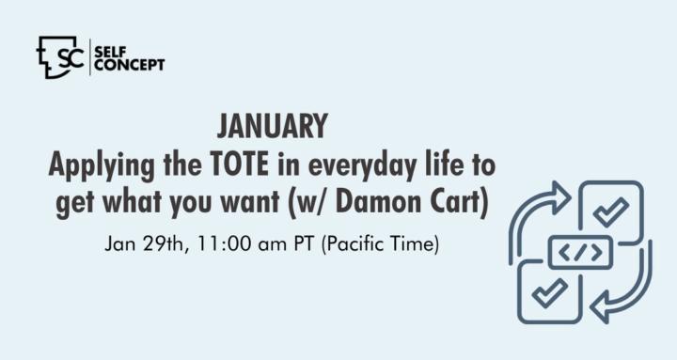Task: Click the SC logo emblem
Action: tap(60, 57)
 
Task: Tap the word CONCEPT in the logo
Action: tap(130, 65)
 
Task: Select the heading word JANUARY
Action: tap(273, 126)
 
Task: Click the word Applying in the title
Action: tap(101, 166)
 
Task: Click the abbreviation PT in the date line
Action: tap(305, 243)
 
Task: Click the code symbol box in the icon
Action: tap(580, 252)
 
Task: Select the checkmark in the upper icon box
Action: tap(611, 211)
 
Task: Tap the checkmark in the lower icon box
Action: tap(550, 292)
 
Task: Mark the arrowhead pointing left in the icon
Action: tap(601, 307)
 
